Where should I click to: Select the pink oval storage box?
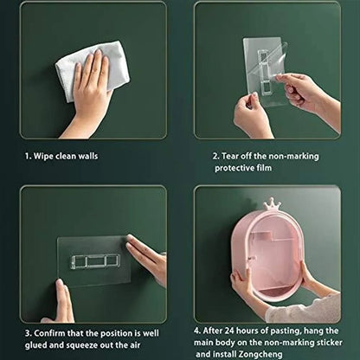268,254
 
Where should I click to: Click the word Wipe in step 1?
43,157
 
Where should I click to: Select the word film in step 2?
263,168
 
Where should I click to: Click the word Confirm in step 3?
49,333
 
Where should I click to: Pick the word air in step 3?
134,345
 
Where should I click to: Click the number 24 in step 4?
229,331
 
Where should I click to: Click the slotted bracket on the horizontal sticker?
94,261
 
